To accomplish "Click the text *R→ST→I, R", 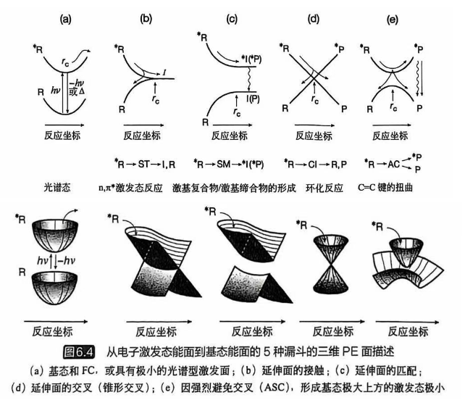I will [x=147, y=165].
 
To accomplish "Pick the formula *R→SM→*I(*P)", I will [x=230, y=165].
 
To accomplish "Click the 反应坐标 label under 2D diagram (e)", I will [x=391, y=136].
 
